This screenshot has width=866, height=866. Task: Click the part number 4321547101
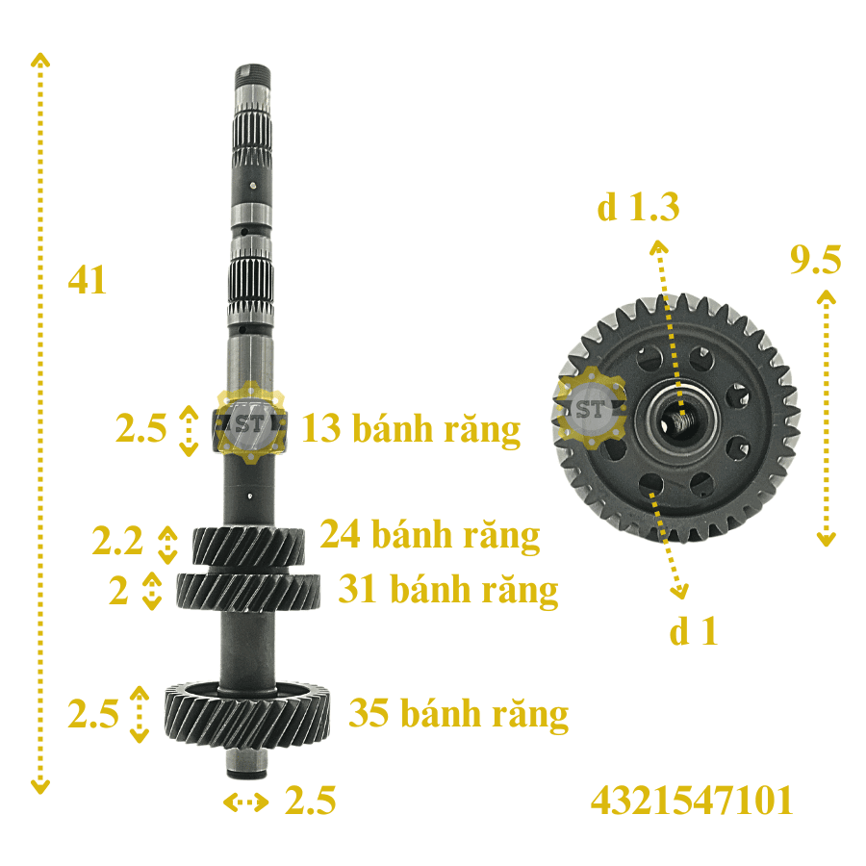[x=692, y=801]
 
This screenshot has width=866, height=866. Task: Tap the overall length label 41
[x=87, y=280]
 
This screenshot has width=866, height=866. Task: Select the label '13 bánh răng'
[x=411, y=429]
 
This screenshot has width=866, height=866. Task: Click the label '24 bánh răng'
[x=430, y=535]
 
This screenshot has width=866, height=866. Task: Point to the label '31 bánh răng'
[x=447, y=589]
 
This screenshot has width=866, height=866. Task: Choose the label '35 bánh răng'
[x=458, y=714]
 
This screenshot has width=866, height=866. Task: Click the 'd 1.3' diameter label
[x=639, y=207]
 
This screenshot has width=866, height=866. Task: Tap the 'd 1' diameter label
[x=693, y=630]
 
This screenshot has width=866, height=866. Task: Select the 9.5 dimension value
[x=815, y=259]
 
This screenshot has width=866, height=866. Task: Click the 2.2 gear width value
[x=117, y=540]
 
